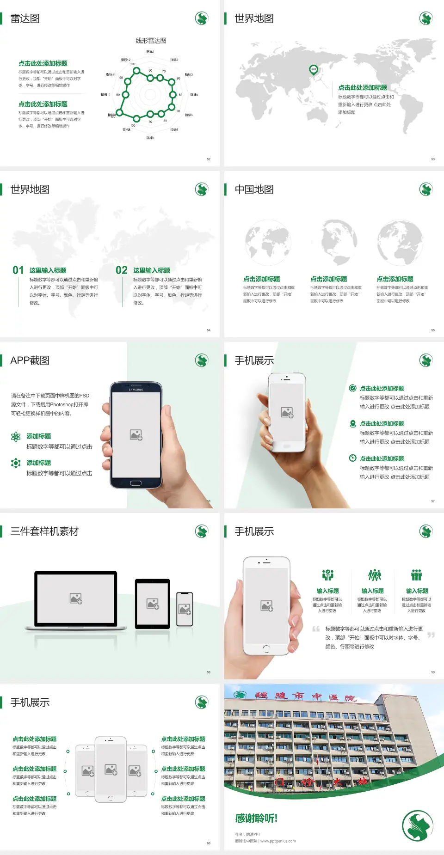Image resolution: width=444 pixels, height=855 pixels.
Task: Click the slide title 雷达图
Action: tap(25, 18)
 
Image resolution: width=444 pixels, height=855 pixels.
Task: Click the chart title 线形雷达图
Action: tap(151, 41)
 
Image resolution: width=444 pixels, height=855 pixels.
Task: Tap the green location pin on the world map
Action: tap(313, 70)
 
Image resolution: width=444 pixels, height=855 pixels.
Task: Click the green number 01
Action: tap(18, 270)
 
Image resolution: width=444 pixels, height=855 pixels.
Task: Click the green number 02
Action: tap(122, 270)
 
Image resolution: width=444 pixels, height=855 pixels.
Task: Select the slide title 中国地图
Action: tap(254, 189)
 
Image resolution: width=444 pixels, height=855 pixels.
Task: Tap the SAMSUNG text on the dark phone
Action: tap(136, 390)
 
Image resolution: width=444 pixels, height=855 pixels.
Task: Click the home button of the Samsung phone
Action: tap(136, 483)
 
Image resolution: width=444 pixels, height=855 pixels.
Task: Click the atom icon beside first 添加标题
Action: tap(16, 437)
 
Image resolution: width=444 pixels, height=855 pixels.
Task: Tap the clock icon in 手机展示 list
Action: tap(352, 458)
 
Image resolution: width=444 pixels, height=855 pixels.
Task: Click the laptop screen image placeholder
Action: tap(76, 598)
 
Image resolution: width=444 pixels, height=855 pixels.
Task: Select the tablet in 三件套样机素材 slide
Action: tap(153, 603)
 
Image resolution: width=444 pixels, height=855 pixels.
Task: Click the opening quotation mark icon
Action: tap(316, 629)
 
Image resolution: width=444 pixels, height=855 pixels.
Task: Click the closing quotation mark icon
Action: tap(431, 635)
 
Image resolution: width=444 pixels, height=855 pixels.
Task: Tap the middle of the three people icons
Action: tap(374, 575)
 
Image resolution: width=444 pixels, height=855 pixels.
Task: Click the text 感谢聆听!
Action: tap(256, 818)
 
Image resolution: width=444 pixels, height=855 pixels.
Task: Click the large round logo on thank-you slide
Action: tap(417, 825)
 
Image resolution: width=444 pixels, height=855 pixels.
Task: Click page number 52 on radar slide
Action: tap(209, 159)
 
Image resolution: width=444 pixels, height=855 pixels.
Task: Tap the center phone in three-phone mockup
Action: tap(111, 769)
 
